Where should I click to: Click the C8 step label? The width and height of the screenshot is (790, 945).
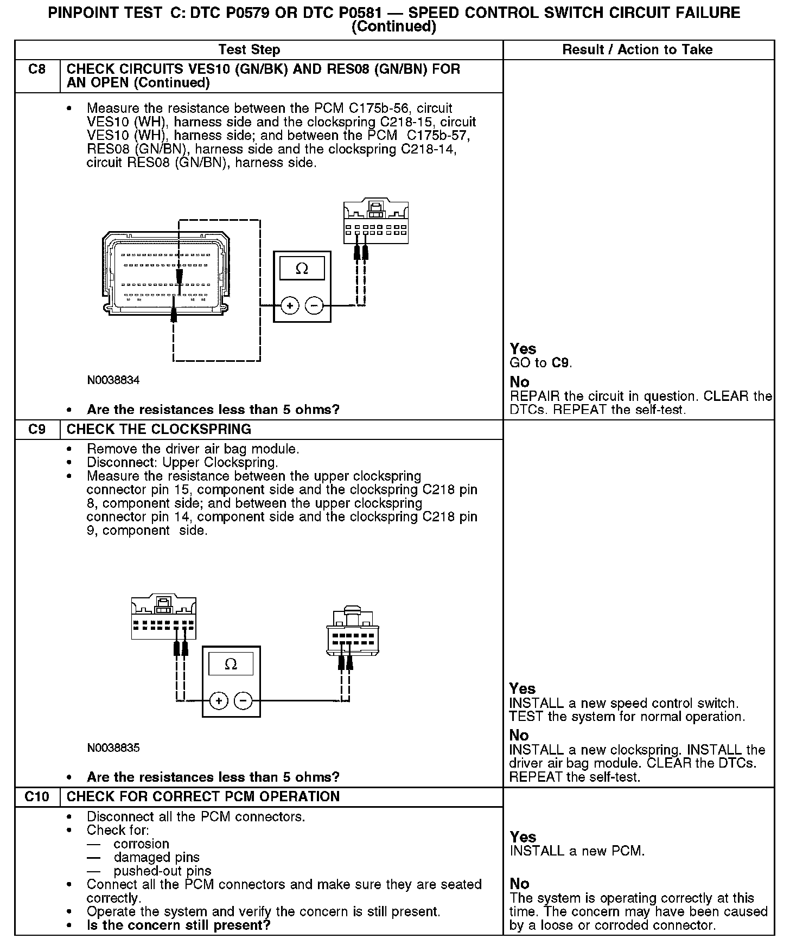[36, 69]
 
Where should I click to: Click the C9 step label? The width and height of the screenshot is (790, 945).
[36, 430]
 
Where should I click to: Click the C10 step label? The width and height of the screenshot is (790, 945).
[36, 797]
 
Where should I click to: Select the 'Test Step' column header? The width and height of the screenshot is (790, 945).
[249, 50]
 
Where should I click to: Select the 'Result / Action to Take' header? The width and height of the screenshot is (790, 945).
[637, 50]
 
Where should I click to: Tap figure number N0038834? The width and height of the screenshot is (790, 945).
[113, 380]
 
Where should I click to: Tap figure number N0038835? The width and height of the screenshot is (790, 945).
[113, 748]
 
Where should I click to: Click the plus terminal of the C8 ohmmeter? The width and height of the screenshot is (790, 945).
[290, 306]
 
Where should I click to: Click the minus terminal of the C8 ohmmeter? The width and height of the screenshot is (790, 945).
[314, 306]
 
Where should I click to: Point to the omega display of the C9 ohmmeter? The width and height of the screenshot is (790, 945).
[231, 665]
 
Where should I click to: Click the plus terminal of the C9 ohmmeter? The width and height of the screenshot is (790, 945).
[219, 701]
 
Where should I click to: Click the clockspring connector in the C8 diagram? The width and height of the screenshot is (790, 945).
[375, 222]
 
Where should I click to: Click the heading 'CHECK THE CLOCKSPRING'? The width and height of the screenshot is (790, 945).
[158, 430]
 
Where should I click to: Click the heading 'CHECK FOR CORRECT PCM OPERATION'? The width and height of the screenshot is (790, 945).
[203, 797]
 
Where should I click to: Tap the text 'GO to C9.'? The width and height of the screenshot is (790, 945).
[540, 363]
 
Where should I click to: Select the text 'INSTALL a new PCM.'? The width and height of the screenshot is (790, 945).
[577, 851]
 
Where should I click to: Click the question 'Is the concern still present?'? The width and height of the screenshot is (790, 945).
[179, 925]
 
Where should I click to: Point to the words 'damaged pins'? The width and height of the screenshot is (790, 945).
[156, 858]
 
